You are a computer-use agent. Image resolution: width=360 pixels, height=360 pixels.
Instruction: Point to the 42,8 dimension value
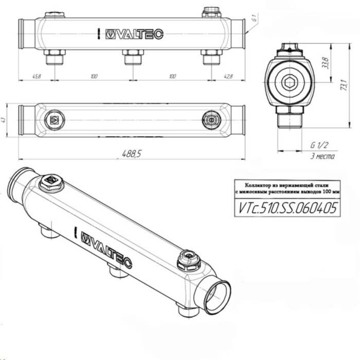point(228,77)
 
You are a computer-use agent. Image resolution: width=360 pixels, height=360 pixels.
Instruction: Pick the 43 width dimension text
point(5,120)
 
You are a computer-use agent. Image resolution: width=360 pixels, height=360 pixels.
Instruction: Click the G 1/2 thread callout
point(320,146)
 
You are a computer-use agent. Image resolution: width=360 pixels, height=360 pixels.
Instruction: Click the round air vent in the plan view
point(210,120)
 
